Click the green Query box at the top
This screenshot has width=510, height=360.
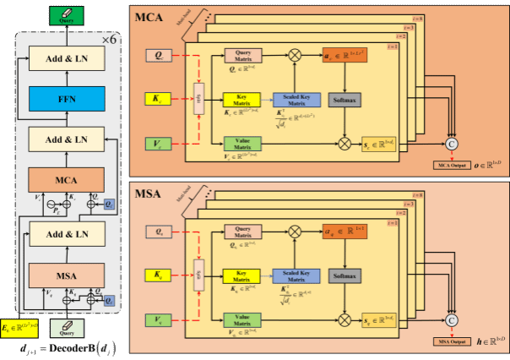pyautogui.click(x=66, y=14)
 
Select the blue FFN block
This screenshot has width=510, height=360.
pyautogui.click(x=66, y=98)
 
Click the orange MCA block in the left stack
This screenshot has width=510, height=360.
pyautogui.click(x=66, y=179)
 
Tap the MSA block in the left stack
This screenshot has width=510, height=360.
pyautogui.click(x=66, y=274)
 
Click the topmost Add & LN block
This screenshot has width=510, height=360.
pyautogui.click(x=66, y=58)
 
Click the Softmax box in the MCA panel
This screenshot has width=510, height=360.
pyautogui.click(x=345, y=99)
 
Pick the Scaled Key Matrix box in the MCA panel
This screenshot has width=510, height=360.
pyautogui.click(x=294, y=99)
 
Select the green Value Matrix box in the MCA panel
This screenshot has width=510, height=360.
pyautogui.click(x=243, y=145)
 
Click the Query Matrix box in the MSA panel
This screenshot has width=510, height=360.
pyautogui.click(x=243, y=232)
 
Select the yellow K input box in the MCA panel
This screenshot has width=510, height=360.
pyautogui.click(x=159, y=100)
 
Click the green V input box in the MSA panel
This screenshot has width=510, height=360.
pyautogui.click(x=159, y=319)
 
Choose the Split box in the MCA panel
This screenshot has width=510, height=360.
pyautogui.click(x=199, y=100)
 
